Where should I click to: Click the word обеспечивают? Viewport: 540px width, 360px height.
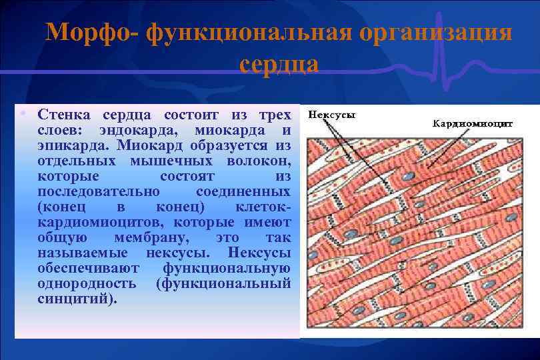click(89, 268)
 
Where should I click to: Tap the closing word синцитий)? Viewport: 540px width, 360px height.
click(77, 299)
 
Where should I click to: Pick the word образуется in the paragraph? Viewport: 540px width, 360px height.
click(221, 145)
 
